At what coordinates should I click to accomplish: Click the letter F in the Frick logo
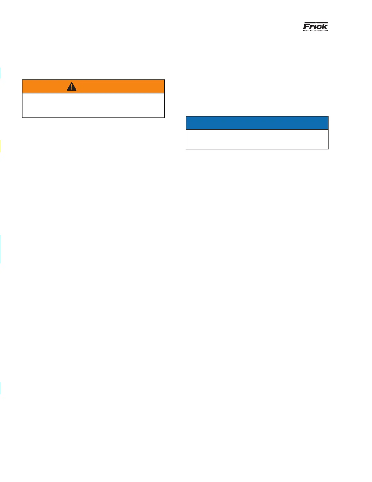306,26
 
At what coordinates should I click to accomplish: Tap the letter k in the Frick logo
324,26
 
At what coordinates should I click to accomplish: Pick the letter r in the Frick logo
311,26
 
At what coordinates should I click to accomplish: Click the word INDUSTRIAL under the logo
308,30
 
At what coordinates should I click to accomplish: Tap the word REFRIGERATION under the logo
321,30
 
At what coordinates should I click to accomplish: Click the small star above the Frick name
315,23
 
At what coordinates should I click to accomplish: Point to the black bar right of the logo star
322,23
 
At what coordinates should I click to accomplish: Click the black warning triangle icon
72,87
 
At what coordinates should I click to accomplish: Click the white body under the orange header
93,105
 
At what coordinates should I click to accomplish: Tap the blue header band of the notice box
257,123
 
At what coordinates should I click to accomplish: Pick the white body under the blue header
257,139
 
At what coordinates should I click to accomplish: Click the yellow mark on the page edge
0,146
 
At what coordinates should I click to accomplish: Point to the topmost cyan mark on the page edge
0,73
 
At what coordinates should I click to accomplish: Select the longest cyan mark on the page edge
0,249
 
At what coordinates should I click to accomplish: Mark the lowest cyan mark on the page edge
0,388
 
